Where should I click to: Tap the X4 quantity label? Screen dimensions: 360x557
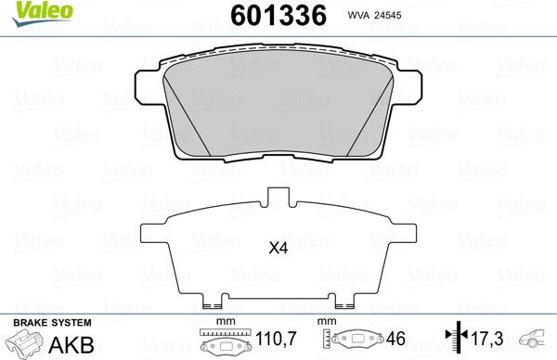[278, 248]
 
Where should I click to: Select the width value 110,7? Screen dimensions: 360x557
[275, 341]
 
